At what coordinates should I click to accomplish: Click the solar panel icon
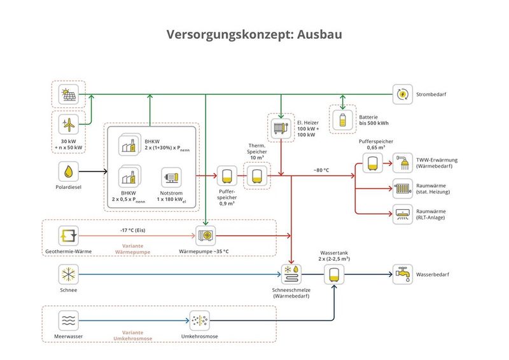68,95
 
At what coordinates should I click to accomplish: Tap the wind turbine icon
68,124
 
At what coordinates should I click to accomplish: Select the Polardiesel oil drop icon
68,171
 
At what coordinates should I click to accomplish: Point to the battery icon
342,120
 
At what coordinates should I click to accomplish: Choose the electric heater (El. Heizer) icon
280,126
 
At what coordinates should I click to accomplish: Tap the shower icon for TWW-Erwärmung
403,163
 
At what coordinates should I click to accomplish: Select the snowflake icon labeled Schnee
68,275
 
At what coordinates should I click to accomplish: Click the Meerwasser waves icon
68,320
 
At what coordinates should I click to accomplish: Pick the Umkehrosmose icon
200,320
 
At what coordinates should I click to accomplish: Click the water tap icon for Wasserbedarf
403,275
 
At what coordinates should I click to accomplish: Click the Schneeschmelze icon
292,275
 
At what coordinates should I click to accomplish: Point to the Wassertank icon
333,275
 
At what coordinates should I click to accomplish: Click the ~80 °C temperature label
321,170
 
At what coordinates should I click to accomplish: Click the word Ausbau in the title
319,34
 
